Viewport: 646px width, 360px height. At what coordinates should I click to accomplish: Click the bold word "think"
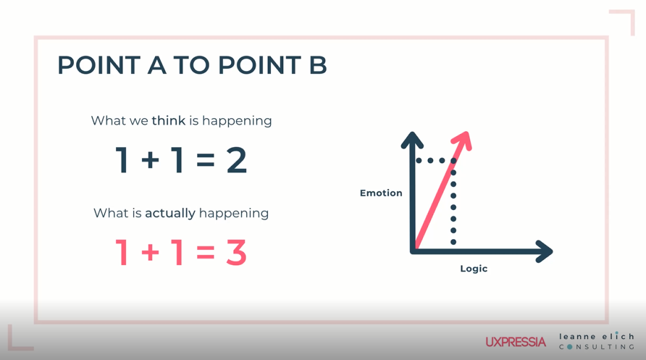[169, 121]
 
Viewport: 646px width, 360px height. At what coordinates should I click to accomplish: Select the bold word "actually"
[170, 213]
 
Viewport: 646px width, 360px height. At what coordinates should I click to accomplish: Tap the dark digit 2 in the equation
[237, 160]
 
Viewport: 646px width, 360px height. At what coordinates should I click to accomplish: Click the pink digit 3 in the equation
[237, 252]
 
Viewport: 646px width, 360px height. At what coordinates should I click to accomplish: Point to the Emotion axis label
[381, 193]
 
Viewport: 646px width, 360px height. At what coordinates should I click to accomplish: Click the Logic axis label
[474, 269]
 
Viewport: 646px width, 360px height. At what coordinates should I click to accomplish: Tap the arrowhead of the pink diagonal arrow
[463, 140]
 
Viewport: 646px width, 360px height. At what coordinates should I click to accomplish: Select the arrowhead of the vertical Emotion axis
[412, 140]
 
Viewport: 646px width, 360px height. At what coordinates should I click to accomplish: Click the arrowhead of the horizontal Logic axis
[544, 251]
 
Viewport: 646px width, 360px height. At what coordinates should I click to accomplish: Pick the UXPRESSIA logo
[516, 342]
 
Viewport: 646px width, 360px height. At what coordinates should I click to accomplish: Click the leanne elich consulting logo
[596, 341]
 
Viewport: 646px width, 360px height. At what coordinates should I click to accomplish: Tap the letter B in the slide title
[318, 65]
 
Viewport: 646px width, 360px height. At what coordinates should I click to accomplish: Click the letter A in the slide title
[157, 65]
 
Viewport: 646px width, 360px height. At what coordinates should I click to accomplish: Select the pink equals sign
[206, 252]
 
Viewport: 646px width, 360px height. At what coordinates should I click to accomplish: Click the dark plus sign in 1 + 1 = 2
[151, 160]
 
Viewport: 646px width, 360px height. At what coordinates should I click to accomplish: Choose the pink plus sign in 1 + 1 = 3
[151, 252]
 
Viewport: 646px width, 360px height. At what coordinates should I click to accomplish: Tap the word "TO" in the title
[192, 65]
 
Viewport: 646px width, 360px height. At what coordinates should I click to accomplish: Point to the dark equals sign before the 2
[206, 160]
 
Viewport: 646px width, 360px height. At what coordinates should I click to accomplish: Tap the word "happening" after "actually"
[234, 214]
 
